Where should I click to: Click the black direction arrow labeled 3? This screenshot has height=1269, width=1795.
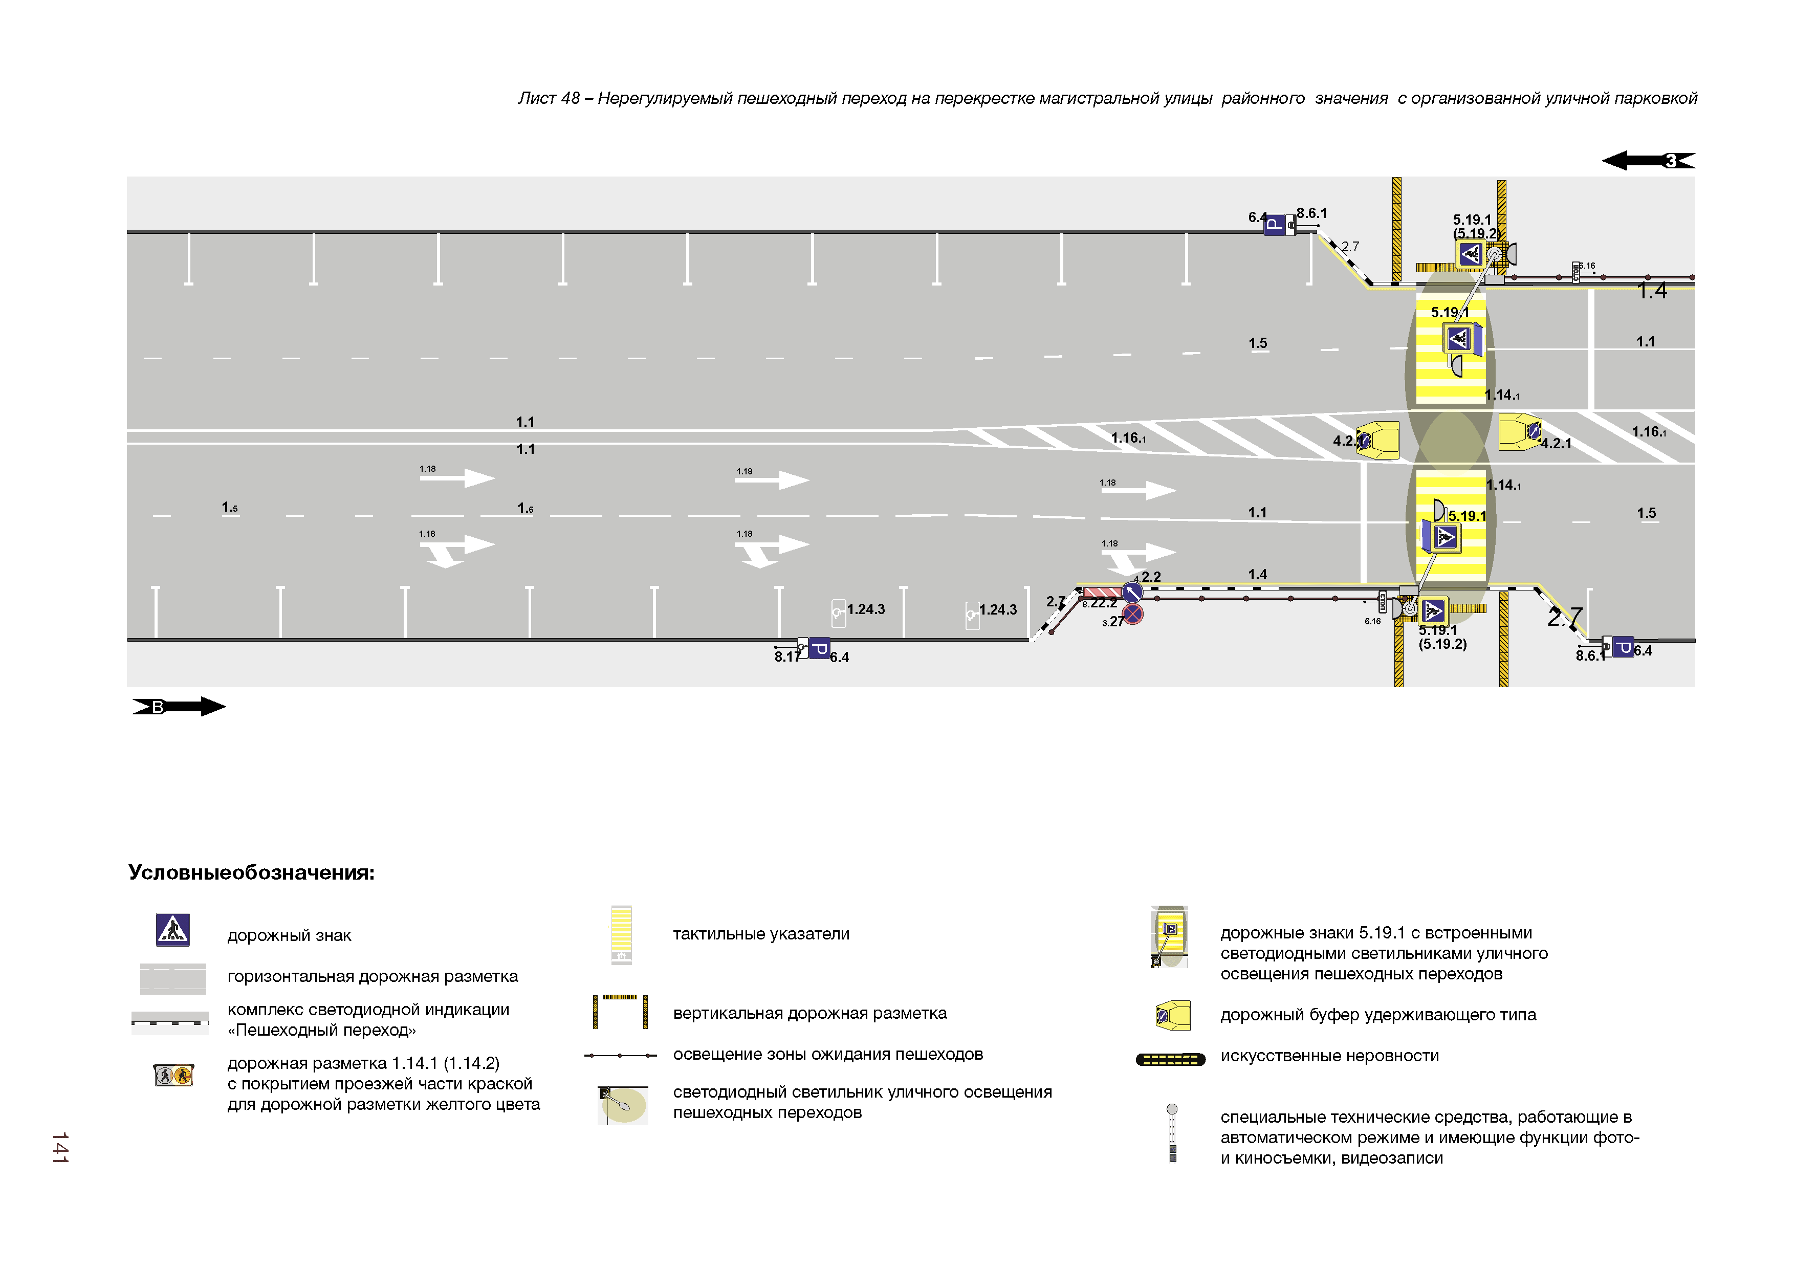[1648, 161]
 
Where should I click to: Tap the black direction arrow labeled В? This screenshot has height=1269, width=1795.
[179, 707]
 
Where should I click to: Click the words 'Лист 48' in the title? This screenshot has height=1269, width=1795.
[549, 99]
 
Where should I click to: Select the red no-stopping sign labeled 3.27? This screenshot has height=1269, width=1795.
[1133, 615]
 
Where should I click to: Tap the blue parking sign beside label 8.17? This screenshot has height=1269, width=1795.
[819, 648]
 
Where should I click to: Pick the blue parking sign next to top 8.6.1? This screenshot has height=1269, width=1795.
[1274, 225]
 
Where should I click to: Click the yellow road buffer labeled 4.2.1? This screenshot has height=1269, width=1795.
[1520, 431]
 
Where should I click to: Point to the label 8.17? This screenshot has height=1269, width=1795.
[786, 658]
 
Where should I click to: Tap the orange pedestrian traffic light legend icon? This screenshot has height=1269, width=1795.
[173, 1076]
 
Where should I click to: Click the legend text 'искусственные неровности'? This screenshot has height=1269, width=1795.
[1329, 1056]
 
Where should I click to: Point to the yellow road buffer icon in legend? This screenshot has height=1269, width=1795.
[1173, 1016]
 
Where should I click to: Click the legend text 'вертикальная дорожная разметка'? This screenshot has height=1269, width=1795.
[809, 1013]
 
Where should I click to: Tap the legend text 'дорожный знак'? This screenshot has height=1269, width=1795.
[289, 935]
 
